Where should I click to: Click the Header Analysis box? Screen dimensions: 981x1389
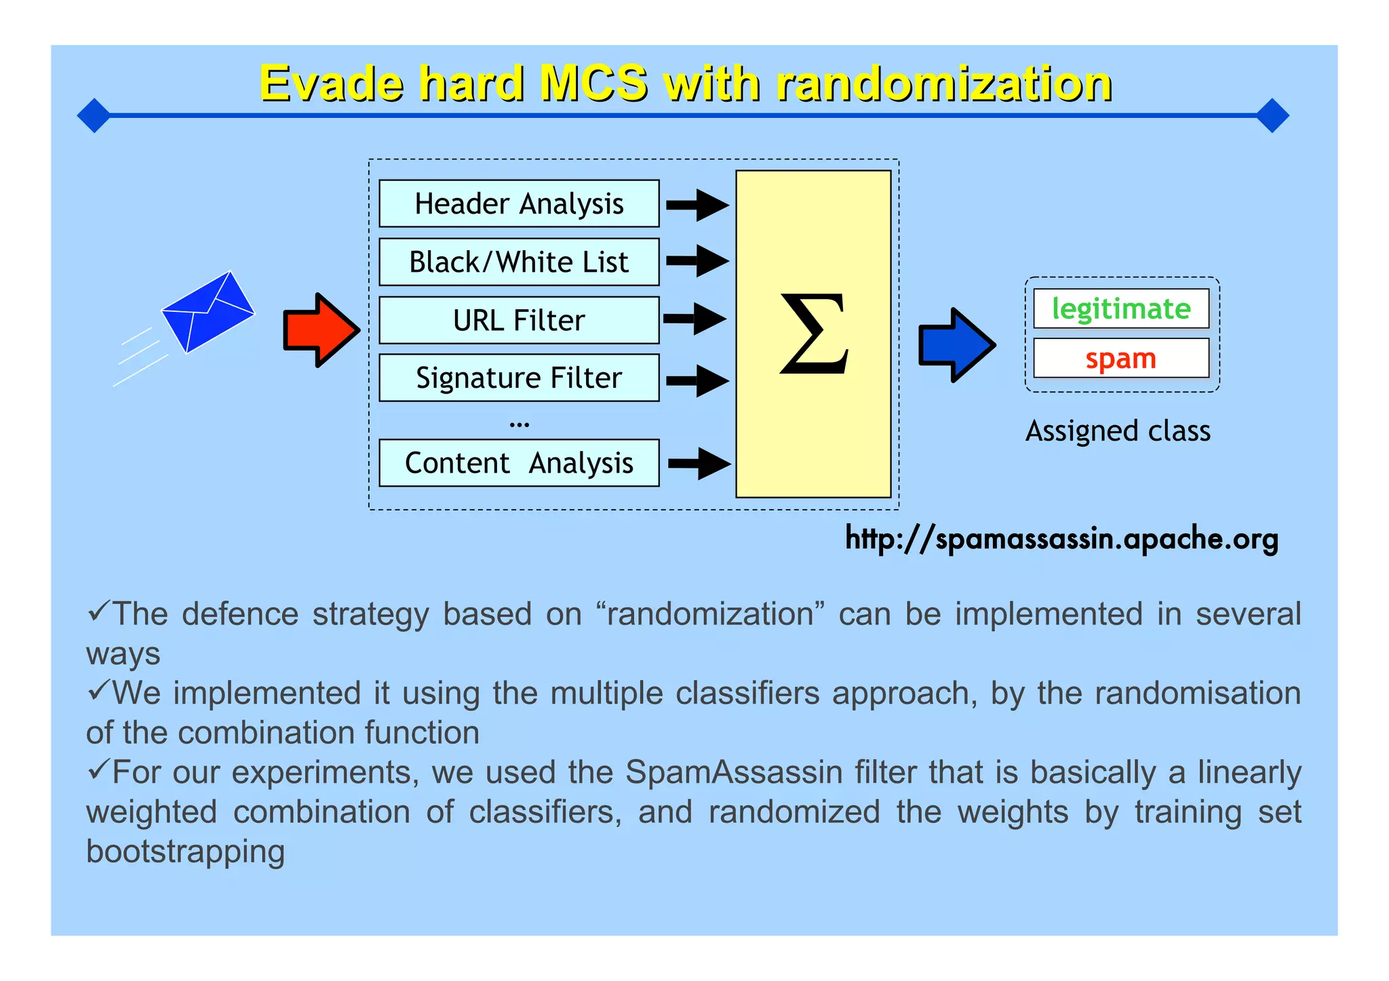tap(519, 203)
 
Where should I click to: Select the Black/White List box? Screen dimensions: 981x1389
tap(519, 262)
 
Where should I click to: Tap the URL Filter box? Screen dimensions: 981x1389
tap(519, 320)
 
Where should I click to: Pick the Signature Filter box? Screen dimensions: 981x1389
tap(519, 378)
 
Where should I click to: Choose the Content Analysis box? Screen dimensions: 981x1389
tap(519, 463)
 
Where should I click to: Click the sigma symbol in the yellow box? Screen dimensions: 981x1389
tap(813, 334)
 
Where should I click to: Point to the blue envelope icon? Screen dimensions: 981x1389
tap(208, 312)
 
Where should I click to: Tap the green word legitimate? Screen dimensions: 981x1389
tap(1121, 308)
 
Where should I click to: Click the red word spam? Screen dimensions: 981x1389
tap(1120, 358)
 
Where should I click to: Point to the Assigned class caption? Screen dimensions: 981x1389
tap(1118, 431)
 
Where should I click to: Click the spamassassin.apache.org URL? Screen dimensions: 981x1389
tap(1061, 539)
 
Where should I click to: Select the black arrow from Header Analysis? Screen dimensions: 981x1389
tap(697, 204)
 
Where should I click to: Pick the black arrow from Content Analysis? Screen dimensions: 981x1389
tap(699, 464)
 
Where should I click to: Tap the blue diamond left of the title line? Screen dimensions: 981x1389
tap(94, 115)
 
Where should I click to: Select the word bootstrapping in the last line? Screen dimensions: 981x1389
tap(185, 852)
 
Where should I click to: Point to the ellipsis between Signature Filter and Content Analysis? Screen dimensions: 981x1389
tap(519, 424)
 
